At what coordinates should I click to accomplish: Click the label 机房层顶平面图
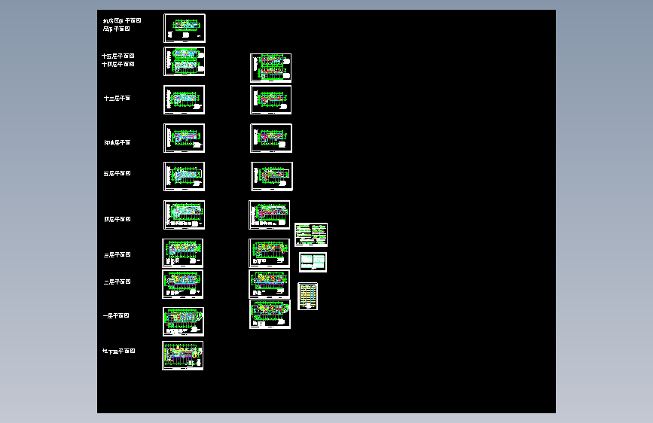(121, 21)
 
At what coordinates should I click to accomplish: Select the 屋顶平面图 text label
(116, 29)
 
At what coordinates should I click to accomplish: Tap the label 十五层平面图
(117, 56)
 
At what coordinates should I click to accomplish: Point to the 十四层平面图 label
(117, 65)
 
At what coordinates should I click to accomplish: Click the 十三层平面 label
(117, 99)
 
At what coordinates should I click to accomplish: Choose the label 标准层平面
(117, 143)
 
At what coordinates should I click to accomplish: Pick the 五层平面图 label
(117, 174)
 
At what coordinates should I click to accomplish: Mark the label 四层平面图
(117, 220)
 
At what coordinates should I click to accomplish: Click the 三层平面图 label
(117, 255)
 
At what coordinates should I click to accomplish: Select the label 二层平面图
(117, 282)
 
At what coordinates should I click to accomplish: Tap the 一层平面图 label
(116, 316)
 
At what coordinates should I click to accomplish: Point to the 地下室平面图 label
(118, 351)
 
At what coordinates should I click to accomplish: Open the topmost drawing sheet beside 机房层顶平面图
(185, 28)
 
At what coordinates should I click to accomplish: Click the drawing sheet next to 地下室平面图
(183, 355)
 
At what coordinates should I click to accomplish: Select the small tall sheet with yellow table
(308, 296)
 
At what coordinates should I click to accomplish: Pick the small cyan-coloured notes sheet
(313, 262)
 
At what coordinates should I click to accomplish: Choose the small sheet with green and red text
(311, 235)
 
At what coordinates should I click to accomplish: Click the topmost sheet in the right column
(271, 68)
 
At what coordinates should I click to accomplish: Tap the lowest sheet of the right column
(270, 314)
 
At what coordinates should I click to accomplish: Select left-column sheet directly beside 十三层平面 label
(185, 99)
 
